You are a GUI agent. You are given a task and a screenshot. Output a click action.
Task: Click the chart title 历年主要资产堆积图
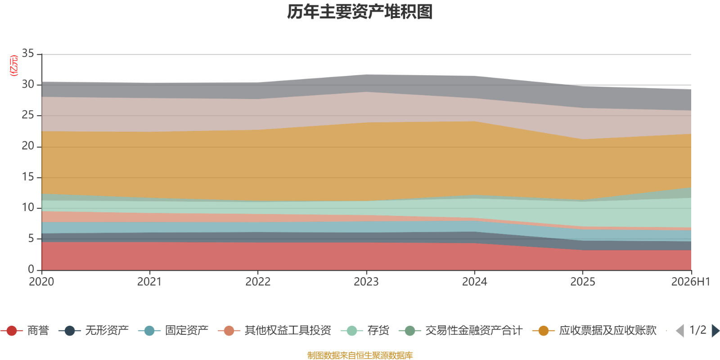[x=360, y=12]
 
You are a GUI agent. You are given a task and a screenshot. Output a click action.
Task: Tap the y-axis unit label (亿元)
[x=14, y=66]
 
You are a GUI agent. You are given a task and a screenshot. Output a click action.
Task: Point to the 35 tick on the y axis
[x=28, y=54]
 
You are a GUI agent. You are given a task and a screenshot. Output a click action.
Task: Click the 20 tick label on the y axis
[x=28, y=146]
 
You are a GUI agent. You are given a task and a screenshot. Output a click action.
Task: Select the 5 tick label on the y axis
[x=31, y=238]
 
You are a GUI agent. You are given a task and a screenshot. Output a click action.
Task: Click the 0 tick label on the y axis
[x=31, y=269]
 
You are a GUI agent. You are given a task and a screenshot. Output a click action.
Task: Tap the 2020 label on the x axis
[x=41, y=282]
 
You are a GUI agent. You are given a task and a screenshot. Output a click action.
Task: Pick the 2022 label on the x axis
[x=258, y=282]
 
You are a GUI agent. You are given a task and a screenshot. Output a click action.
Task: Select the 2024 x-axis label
[x=474, y=282]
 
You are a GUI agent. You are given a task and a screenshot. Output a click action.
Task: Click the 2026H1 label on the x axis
[x=690, y=282]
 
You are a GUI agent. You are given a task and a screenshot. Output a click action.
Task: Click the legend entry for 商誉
[x=25, y=330]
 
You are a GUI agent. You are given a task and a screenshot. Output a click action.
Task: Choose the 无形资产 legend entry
[x=94, y=330]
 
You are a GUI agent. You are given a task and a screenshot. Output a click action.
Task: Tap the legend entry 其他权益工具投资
[x=274, y=330]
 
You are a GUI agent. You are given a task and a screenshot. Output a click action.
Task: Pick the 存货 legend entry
[x=365, y=330]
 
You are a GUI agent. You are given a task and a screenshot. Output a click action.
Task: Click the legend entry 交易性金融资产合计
[x=461, y=330]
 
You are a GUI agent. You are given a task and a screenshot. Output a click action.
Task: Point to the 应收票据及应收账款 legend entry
[x=594, y=330]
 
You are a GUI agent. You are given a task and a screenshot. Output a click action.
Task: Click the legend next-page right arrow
[x=715, y=330]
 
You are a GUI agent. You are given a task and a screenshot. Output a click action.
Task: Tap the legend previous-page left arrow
[x=680, y=330]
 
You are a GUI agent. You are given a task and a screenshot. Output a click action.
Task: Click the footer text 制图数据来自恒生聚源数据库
[x=360, y=355]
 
